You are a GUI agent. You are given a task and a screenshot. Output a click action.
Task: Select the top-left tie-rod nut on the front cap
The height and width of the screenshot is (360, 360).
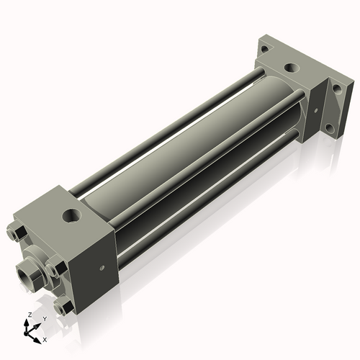(x=17, y=233)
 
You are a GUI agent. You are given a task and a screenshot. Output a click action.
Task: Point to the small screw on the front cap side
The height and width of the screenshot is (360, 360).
(x=101, y=268)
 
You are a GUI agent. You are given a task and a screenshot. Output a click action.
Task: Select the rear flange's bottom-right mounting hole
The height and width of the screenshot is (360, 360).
(x=330, y=130)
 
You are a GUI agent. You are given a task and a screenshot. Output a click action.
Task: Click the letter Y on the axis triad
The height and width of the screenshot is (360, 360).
(x=45, y=318)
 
